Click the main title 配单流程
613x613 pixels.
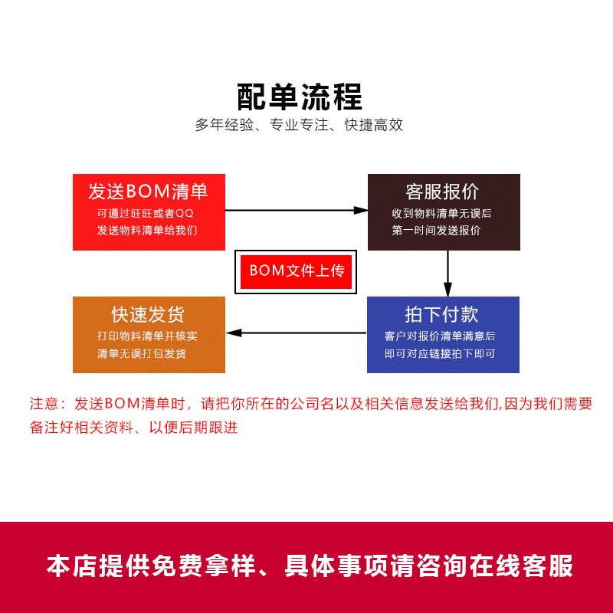[x=300, y=97]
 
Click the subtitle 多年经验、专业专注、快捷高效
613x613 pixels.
[x=299, y=125]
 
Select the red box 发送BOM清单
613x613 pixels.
[x=149, y=212]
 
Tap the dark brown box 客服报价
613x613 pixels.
[x=444, y=212]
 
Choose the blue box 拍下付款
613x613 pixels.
[x=443, y=335]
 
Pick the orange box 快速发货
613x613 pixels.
[x=149, y=335]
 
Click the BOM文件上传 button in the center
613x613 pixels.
[x=297, y=271]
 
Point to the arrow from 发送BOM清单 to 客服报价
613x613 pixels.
[x=297, y=209]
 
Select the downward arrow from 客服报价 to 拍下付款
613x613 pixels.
[x=447, y=274]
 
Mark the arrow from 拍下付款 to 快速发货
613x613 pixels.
[x=297, y=333]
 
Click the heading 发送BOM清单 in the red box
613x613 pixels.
[x=148, y=191]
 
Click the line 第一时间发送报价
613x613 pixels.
[x=436, y=231]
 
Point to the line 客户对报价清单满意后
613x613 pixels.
[x=440, y=336]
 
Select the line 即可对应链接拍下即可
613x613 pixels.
[x=440, y=354]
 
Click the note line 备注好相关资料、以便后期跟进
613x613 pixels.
[x=134, y=428]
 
